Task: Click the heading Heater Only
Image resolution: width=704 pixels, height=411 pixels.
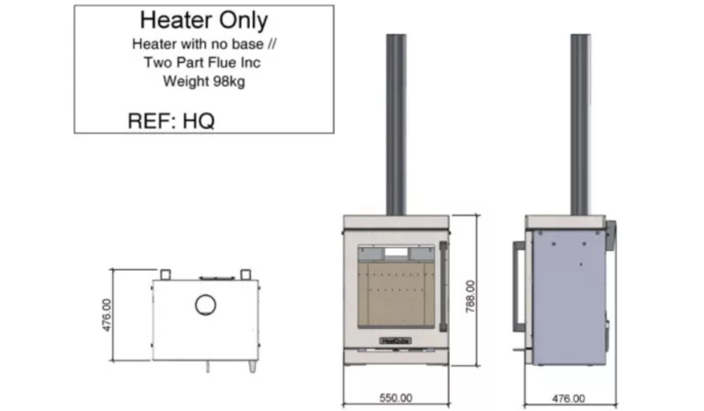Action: pos(204,21)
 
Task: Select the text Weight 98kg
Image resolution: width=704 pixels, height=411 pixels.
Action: pos(204,82)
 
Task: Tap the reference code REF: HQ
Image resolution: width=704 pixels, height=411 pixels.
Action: pos(171,121)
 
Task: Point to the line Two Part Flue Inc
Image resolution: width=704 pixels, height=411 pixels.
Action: pos(202,63)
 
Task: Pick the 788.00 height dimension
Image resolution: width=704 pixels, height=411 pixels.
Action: pos(471,297)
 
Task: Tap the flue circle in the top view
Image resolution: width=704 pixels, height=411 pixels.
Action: pos(205,305)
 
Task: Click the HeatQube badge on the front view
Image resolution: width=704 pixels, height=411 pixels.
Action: pos(396,341)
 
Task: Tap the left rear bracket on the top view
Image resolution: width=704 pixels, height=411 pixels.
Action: pos(165,274)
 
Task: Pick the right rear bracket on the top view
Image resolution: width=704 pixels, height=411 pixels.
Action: pos(246,274)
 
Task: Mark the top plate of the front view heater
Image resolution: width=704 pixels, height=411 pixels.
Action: pos(396,221)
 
